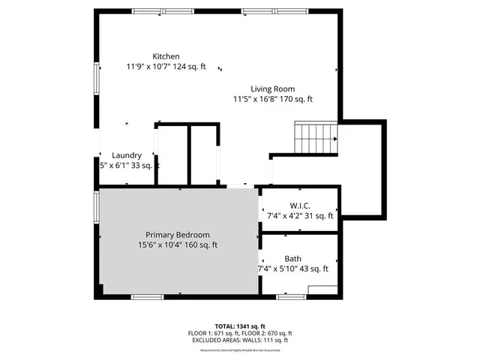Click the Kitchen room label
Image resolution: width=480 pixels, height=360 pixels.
166,56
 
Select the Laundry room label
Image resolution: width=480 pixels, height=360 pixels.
127,155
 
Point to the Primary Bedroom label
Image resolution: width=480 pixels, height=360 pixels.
178,235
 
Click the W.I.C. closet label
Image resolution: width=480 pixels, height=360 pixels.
300,205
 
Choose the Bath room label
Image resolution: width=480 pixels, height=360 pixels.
293,258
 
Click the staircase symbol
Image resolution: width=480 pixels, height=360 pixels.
315,137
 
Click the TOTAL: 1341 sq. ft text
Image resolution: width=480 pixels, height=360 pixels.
240,327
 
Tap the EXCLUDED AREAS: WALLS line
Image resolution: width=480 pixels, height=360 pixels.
240,340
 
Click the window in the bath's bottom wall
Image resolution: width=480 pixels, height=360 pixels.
291,297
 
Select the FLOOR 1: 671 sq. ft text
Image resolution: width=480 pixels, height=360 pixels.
213,334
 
